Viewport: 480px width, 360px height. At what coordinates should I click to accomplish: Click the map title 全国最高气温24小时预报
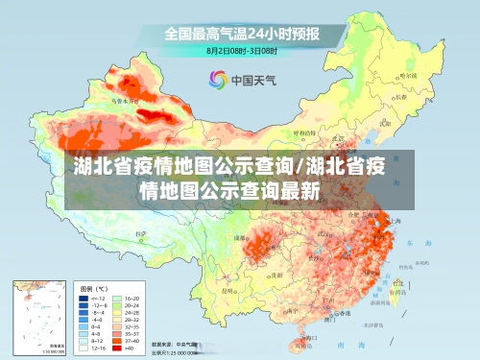(241, 34)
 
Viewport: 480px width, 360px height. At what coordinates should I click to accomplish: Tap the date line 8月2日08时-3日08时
(242, 50)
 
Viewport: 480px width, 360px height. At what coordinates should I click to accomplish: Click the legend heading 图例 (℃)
(93, 288)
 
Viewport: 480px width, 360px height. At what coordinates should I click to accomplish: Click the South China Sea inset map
(37, 316)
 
